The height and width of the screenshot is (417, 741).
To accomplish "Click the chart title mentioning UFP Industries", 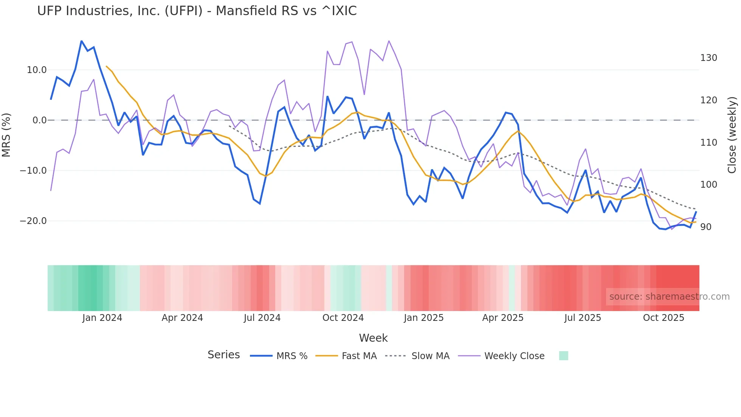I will click(x=197, y=11).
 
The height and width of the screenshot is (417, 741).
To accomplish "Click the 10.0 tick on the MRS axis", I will click(x=37, y=70).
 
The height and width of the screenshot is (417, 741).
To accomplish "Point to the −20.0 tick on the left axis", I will click(x=33, y=221).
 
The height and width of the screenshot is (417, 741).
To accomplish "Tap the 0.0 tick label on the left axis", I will click(x=39, y=120).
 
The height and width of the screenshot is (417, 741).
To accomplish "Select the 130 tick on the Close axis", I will click(x=708, y=58).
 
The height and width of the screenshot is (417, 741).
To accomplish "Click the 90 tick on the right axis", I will click(x=706, y=227).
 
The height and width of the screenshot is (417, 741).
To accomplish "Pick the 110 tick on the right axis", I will click(x=708, y=143).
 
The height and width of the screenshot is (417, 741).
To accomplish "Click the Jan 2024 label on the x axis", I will click(x=102, y=318).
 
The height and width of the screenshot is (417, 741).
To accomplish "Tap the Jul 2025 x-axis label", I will click(x=583, y=318).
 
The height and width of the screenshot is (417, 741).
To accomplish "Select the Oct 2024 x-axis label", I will click(x=343, y=318).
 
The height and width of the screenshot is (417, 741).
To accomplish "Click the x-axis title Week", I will click(x=373, y=338).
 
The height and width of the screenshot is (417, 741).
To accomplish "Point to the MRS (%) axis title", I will click(x=6, y=135).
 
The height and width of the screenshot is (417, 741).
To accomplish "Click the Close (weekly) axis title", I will click(x=732, y=135).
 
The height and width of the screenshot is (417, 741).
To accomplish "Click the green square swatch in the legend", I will click(x=563, y=356).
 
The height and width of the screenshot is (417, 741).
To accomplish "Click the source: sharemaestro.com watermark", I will click(x=669, y=297).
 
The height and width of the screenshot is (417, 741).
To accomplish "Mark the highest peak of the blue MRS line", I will click(x=82, y=41).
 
